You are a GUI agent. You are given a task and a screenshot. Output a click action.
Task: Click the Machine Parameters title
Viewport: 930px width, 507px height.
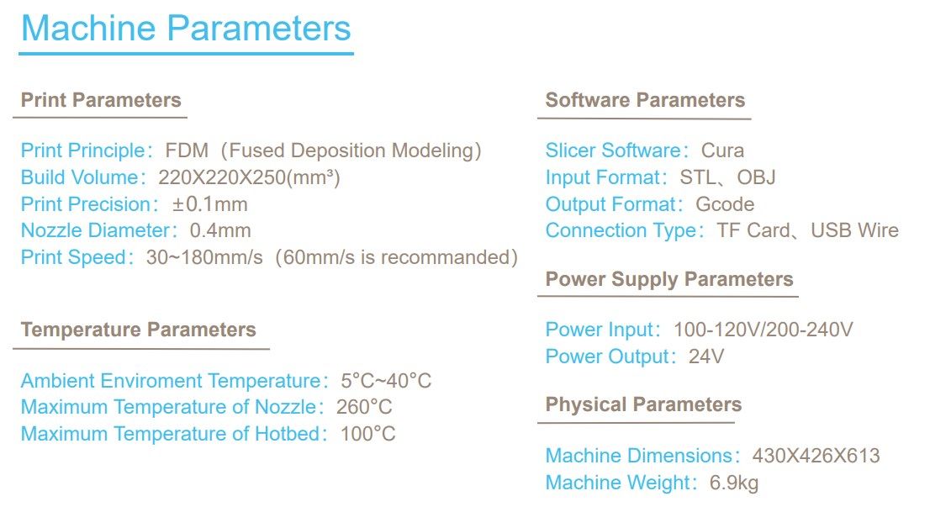[x=186, y=28]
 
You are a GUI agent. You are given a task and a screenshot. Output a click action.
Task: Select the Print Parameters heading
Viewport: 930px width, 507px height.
[x=101, y=99]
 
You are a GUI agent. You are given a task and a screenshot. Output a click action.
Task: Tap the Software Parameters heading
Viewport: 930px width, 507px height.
[x=645, y=99]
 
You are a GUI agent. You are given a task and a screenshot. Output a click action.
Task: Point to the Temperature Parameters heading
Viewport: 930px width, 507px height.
[x=138, y=329]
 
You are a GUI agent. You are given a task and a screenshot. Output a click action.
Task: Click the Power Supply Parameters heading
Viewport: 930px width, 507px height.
[x=669, y=279]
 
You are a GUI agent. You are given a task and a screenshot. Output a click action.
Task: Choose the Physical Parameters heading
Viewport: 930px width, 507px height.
[x=643, y=404]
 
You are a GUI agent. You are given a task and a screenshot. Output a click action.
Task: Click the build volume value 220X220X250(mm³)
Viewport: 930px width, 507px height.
[x=249, y=177]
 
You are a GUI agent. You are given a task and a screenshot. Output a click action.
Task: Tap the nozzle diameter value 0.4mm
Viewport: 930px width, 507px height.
[x=220, y=230]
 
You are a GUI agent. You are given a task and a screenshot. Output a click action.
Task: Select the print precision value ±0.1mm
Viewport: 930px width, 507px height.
[x=210, y=204]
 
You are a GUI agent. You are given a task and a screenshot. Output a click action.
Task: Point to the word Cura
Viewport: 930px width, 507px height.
[x=722, y=151]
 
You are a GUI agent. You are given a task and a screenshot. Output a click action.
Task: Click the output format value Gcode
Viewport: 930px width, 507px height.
[x=725, y=204]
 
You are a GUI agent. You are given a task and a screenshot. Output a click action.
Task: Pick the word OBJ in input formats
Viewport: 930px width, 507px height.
[x=756, y=177]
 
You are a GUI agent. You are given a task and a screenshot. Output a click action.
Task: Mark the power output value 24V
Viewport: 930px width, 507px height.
[x=705, y=356]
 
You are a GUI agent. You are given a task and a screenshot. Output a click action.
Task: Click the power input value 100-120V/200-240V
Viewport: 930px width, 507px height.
[x=763, y=329]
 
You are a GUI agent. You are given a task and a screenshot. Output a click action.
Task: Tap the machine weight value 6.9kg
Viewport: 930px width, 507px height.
[x=734, y=483]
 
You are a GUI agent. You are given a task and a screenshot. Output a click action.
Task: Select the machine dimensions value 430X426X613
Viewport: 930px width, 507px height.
[x=816, y=456]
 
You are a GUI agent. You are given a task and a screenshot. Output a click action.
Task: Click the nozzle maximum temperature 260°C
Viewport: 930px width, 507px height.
[x=364, y=407]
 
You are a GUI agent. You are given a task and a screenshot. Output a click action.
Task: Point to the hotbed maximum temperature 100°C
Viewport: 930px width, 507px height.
[x=367, y=434]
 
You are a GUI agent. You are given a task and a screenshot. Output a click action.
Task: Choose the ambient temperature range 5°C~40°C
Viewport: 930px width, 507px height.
[x=386, y=380]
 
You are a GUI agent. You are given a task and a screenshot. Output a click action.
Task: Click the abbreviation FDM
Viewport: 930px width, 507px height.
[x=187, y=151]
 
